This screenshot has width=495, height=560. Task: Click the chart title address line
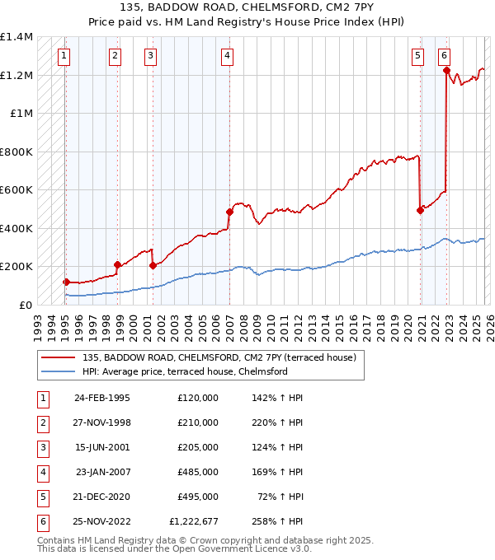tap(247, 9)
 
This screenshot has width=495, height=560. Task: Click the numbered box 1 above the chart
tap(64, 56)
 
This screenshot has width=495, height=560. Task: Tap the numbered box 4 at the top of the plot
tap(227, 56)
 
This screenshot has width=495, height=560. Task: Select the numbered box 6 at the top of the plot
tap(445, 56)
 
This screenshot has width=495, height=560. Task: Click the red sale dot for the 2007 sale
tap(229, 212)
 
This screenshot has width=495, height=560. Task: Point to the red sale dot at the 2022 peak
tap(446, 71)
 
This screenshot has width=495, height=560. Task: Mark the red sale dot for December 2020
tap(420, 210)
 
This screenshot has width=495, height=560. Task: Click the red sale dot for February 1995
tap(66, 282)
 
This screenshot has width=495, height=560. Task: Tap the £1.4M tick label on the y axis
tap(16, 37)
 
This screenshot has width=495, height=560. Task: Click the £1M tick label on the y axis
tap(21, 114)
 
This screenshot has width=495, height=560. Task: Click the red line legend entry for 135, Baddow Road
tap(219, 357)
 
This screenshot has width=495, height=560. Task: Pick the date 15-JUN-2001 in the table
tap(102, 447)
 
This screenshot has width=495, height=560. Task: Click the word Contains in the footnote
tap(57, 540)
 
